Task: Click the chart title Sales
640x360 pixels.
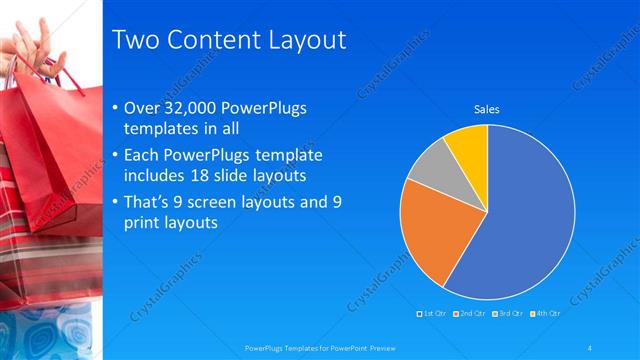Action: (486, 109)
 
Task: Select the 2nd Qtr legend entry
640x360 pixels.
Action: (469, 314)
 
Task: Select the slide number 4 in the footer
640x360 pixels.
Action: (590, 348)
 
